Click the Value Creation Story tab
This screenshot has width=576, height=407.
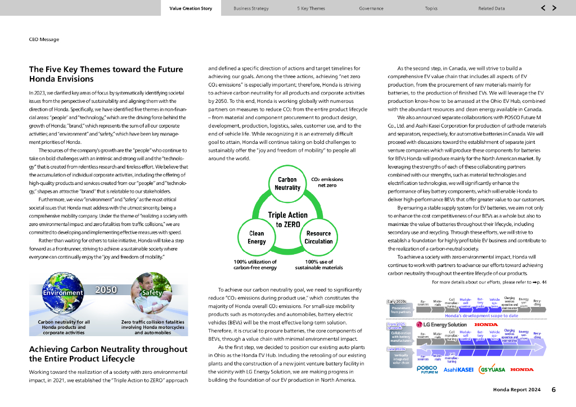[190, 8]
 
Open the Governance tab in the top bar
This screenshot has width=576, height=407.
[371, 8]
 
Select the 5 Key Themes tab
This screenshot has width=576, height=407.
[311, 8]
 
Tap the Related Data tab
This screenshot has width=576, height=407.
[492, 8]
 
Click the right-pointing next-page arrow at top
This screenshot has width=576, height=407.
[554, 8]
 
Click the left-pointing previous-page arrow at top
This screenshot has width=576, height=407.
[543, 8]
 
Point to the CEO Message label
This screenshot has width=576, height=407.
[44, 39]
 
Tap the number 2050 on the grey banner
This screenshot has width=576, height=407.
[106, 290]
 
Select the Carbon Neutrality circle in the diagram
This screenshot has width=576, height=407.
[287, 183]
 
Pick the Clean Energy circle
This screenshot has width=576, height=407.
[256, 237]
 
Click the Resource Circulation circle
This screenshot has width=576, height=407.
[318, 237]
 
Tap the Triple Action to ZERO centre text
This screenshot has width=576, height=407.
[287, 219]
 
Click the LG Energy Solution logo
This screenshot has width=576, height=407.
[441, 324]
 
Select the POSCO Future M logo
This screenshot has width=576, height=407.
[427, 369]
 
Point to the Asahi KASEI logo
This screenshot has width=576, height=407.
[458, 369]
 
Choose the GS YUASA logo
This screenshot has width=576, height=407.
[492, 369]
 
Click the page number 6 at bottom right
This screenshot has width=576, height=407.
[553, 390]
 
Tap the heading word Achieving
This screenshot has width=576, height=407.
[50, 349]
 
